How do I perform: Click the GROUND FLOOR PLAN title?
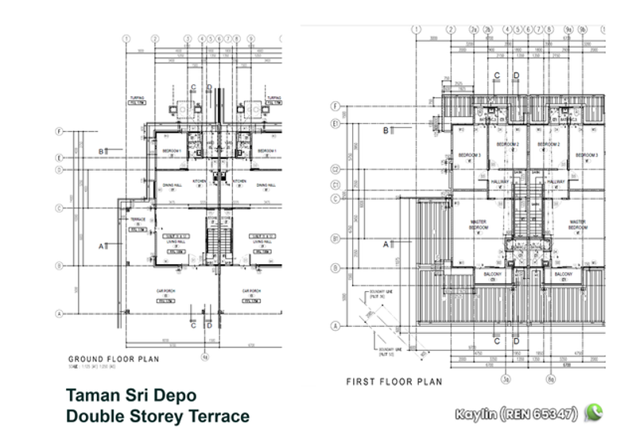click(114, 359)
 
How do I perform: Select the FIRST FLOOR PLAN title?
click(394, 382)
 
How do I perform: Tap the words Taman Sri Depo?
click(130, 395)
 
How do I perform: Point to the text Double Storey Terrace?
click(157, 416)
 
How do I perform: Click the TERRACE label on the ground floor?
click(137, 218)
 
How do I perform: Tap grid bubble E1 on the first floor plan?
click(336, 124)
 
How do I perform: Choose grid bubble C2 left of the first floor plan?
click(336, 169)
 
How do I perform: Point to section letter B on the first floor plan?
click(386, 130)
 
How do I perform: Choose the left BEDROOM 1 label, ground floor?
click(172, 151)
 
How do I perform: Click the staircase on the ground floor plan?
click(214, 243)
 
